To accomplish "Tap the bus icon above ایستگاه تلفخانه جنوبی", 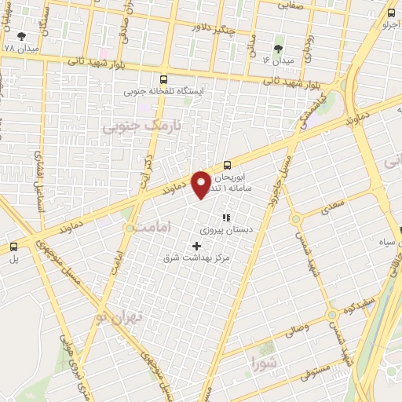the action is (163, 79).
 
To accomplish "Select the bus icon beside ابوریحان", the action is (227, 164).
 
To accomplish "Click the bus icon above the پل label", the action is (12, 246).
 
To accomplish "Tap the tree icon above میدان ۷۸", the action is (21, 36).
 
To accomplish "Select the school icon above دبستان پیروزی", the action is (226, 217).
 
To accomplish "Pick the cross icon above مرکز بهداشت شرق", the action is (196, 246).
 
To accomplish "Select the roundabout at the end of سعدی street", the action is (296, 219).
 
